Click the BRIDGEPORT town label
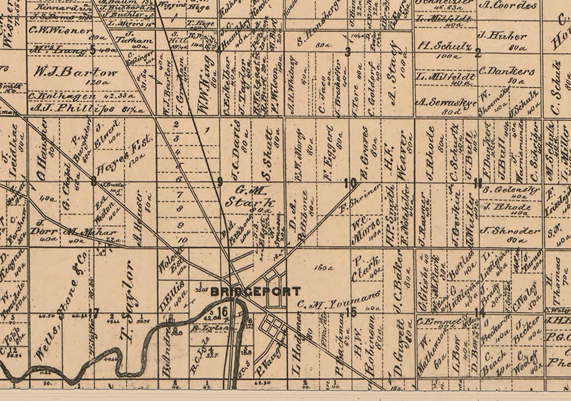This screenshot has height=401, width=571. coord(255,291)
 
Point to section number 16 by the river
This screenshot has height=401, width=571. coord(223,311)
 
